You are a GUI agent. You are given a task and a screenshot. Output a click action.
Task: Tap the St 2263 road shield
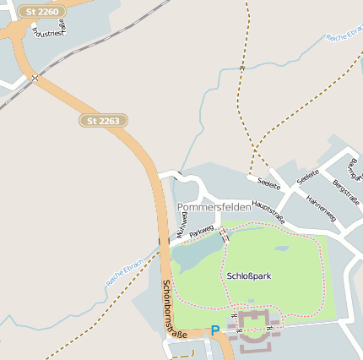click(x=105, y=121)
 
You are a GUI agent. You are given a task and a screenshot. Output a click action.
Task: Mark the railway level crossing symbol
click(x=35, y=79)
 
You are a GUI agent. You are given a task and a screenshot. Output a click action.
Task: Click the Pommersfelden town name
click(x=214, y=207)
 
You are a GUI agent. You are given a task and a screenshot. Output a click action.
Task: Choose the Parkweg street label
click(x=202, y=230)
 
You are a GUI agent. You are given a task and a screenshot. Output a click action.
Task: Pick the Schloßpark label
click(x=249, y=275)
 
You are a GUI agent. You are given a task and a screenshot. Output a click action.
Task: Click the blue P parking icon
click(x=214, y=330)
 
